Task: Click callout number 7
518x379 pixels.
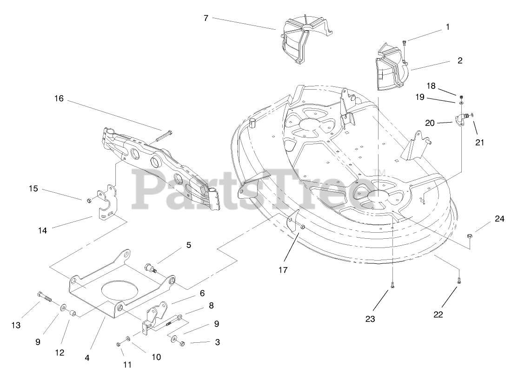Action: (x=206, y=18)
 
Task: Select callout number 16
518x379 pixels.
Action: (x=59, y=99)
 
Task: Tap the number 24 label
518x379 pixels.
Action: (x=499, y=219)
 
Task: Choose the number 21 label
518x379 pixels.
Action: (x=479, y=143)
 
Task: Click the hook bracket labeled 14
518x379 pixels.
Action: (x=107, y=203)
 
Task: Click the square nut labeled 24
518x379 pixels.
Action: (x=470, y=237)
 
